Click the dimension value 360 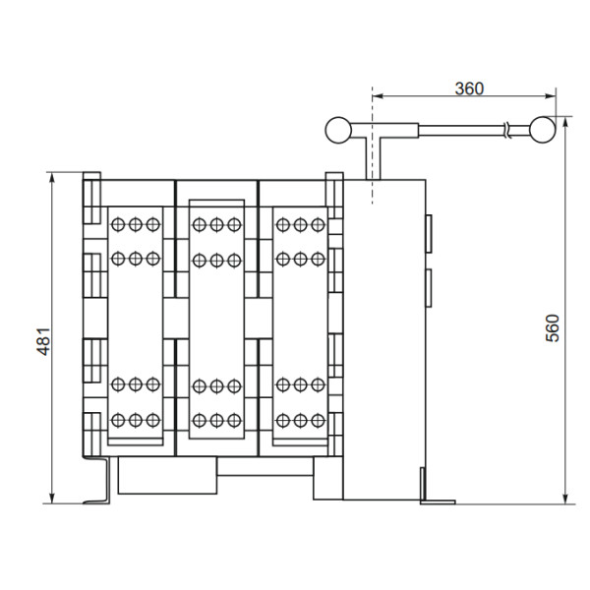pyautogui.click(x=469, y=88)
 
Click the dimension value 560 pyautogui.click(x=553, y=328)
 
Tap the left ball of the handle pyautogui.click(x=337, y=128)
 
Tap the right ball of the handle pyautogui.click(x=541, y=128)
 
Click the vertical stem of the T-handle pyautogui.click(x=373, y=157)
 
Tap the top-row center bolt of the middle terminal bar pyautogui.click(x=216, y=224)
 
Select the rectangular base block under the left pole pyautogui.click(x=166, y=478)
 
